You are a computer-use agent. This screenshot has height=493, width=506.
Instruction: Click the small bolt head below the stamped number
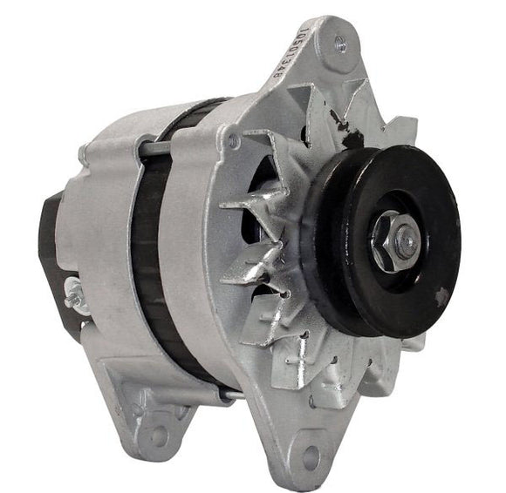click(x=233, y=138)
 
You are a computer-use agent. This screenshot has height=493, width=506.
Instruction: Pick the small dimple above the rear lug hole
click(x=140, y=407)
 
